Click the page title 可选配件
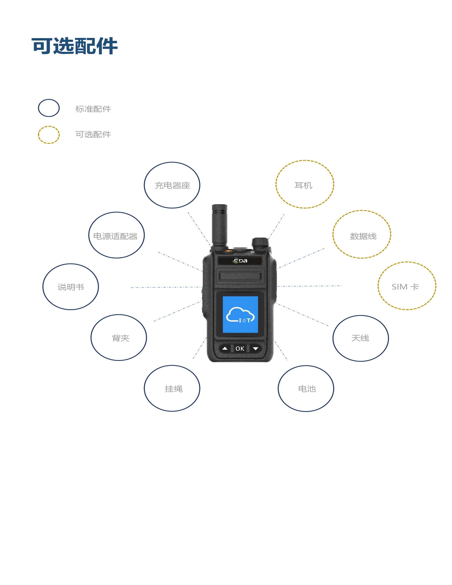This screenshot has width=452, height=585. [75, 46]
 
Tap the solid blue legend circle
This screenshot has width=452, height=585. [49, 108]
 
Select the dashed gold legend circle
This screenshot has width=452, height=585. [49, 135]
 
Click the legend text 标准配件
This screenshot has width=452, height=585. [93, 109]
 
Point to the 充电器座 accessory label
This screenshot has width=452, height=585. [172, 185]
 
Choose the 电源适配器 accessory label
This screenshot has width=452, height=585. [115, 236]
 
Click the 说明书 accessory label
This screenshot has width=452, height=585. [71, 287]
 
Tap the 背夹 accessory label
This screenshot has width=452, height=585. [121, 338]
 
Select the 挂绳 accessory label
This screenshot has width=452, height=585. [174, 389]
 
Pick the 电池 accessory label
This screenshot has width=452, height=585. [307, 389]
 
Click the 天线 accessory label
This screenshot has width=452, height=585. [360, 338]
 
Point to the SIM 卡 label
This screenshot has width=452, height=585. [405, 287]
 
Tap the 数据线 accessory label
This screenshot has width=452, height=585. [363, 236]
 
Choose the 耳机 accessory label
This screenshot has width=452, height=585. [303, 185]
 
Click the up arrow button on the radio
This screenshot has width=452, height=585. [225, 348]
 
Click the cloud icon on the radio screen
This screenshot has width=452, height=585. [240, 315]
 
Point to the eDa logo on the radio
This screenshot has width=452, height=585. [240, 261]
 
